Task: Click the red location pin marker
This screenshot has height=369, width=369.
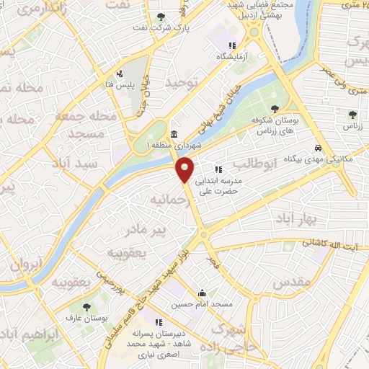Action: coord(185,169)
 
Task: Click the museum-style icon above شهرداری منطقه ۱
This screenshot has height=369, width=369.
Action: coord(174,133)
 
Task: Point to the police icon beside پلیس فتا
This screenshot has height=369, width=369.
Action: coord(120,74)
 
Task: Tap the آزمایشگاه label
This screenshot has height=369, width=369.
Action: coord(227,56)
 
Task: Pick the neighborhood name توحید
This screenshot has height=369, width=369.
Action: coord(180,84)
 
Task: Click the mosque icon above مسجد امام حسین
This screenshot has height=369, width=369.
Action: coord(202,293)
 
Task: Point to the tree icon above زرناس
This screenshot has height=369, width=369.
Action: coord(352,114)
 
